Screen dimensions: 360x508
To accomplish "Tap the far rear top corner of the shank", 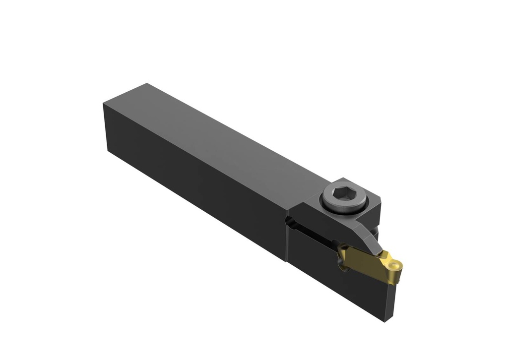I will [147, 84].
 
